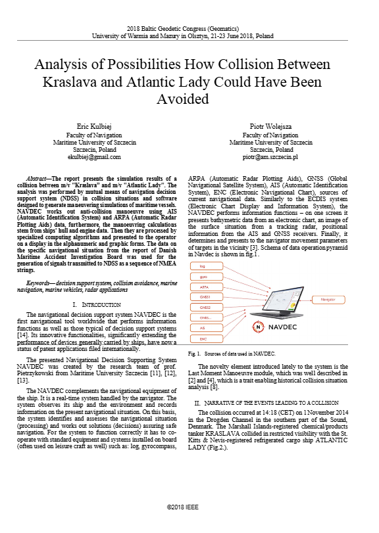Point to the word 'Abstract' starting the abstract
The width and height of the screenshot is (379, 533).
(x=38, y=178)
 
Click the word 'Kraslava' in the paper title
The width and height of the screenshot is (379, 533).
(x=74, y=83)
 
